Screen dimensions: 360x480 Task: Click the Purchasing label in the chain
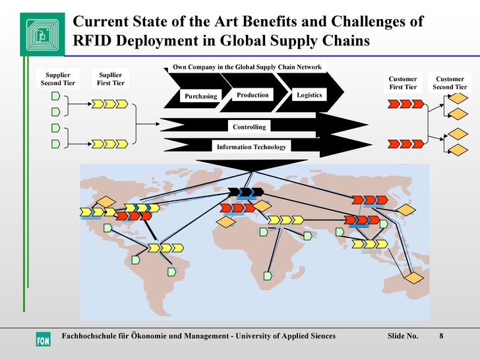200,96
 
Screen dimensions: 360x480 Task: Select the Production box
253,95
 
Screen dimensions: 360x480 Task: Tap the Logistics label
309,95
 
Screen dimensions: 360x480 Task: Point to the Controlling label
249,127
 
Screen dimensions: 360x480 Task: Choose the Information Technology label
252,147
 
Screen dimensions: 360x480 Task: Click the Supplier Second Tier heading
58,79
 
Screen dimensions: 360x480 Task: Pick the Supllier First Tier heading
110,79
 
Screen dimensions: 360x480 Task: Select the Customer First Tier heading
403,83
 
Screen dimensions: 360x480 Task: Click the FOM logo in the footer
42,340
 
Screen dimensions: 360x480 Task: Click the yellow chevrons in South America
165,248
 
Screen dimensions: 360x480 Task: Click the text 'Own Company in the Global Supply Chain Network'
247,67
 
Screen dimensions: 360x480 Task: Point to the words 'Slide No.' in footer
403,336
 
